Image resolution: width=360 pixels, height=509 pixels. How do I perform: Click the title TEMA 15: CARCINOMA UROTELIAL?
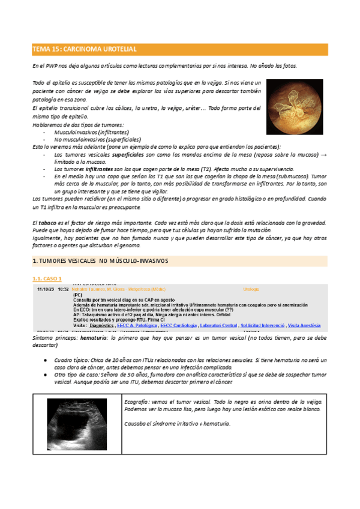(x=84, y=49)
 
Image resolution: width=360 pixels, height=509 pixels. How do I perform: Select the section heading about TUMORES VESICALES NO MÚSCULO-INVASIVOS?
(x=100, y=261)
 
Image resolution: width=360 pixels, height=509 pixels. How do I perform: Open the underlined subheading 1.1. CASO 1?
(x=47, y=279)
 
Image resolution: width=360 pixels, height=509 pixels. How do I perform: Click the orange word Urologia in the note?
(x=251, y=289)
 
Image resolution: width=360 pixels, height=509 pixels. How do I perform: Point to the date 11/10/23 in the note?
(x=44, y=289)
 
